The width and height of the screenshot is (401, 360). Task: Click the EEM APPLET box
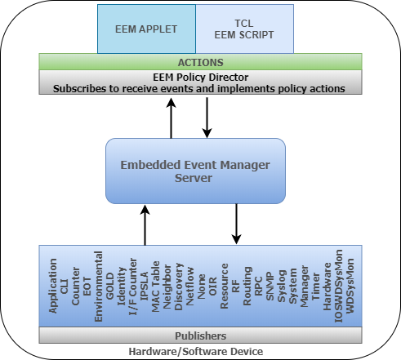click(x=147, y=29)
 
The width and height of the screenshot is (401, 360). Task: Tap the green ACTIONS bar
click(x=200, y=61)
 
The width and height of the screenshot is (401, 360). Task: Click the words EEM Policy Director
click(x=200, y=75)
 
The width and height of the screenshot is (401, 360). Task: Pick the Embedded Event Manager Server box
click(x=195, y=171)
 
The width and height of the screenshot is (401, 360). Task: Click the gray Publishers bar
click(x=200, y=335)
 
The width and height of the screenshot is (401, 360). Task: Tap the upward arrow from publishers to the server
click(x=145, y=224)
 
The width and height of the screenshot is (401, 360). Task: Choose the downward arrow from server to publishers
click(x=236, y=224)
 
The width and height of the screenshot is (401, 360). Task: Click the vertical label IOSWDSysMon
click(x=339, y=286)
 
